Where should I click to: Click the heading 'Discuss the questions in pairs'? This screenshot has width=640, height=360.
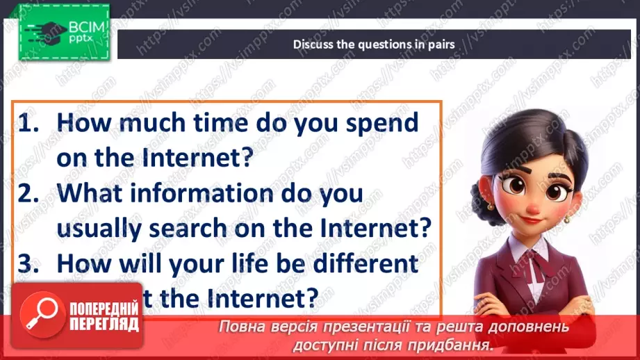tap(373, 44)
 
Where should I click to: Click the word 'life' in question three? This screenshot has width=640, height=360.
tap(246, 264)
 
